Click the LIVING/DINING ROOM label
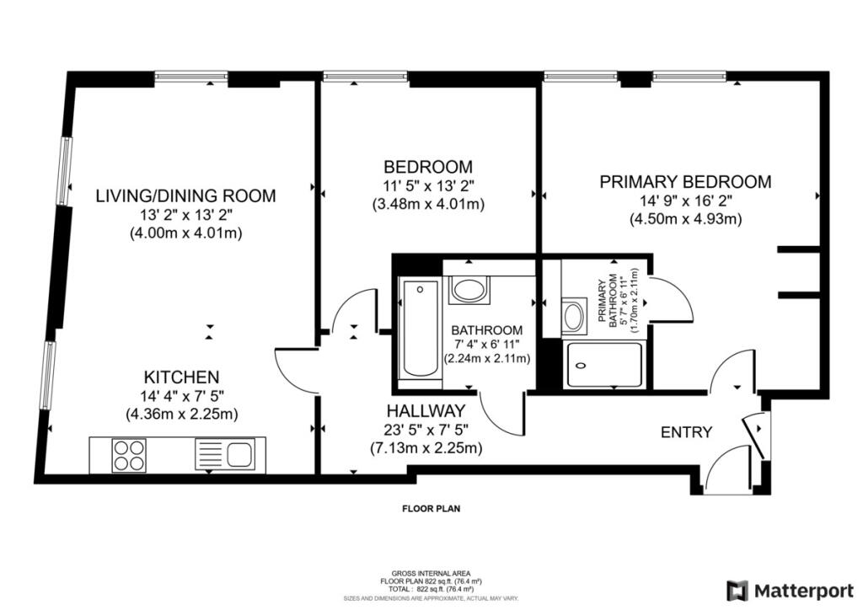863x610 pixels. coord(185,195)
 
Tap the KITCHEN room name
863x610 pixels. coord(182,377)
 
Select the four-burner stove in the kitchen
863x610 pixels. coord(129,455)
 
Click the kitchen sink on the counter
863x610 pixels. coord(225,454)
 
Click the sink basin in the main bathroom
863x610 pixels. coord(469,291)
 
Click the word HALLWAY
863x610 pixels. coord(426,411)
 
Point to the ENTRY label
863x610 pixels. coord(686,432)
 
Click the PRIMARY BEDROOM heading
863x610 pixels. coord(685,181)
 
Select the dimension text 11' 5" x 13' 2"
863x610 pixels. coord(428,185)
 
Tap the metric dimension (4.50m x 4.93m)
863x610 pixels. coord(686,219)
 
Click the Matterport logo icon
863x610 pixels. coord(737,591)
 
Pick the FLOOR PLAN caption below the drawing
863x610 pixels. coord(431,509)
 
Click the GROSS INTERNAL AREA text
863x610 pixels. coord(431,574)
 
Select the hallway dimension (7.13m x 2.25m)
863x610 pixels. coord(426,448)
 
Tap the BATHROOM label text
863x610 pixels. coord(486,330)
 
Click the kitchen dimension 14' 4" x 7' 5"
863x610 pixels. coord(182,395)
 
